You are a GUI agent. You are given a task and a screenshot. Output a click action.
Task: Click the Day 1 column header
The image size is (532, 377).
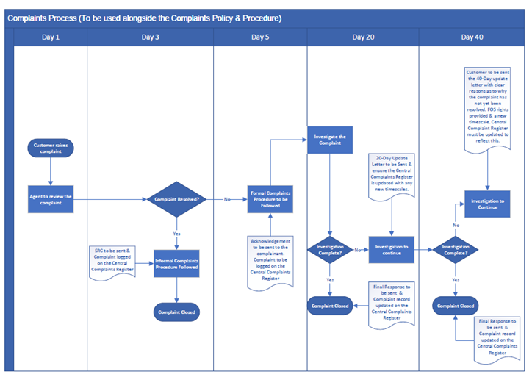coord(50,37)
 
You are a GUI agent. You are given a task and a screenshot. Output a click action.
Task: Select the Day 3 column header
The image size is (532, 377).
coord(150,37)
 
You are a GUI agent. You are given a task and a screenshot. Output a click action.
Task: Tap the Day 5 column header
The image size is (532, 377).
coord(260,37)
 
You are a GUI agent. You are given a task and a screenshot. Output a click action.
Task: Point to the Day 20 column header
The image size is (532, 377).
coord(363,37)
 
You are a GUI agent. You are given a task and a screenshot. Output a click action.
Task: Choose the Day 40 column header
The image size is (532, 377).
coord(472,37)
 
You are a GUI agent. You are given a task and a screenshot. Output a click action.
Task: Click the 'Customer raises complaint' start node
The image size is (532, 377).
coord(51,148)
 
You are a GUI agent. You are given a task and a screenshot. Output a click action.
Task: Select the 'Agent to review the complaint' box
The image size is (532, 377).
coord(51,199)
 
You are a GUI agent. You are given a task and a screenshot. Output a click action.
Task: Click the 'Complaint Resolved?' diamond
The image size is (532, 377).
coord(176,199)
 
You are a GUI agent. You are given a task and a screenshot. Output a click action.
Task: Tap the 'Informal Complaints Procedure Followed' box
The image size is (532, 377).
coord(176,263)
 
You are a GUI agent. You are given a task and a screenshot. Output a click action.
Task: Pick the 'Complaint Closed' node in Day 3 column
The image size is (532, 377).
coord(176,312)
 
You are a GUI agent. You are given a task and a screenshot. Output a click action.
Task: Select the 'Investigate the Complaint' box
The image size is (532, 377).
coord(329,140)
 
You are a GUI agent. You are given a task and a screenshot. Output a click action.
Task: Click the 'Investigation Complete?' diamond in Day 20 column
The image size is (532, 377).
coord(329,250)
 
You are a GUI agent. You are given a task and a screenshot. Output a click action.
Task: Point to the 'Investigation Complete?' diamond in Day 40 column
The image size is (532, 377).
coord(456,250)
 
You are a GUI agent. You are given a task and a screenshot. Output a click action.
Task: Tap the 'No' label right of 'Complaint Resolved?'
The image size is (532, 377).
coord(228,199)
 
